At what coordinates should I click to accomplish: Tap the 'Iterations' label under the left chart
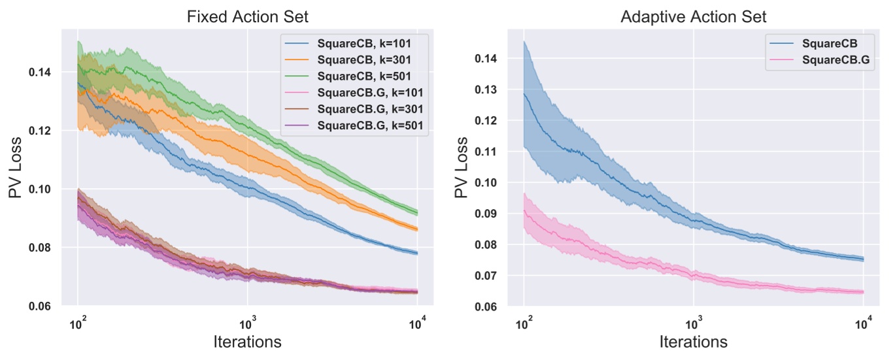point(247,342)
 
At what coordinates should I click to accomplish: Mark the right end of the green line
point(417,212)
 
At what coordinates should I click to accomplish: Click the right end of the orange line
point(417,229)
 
